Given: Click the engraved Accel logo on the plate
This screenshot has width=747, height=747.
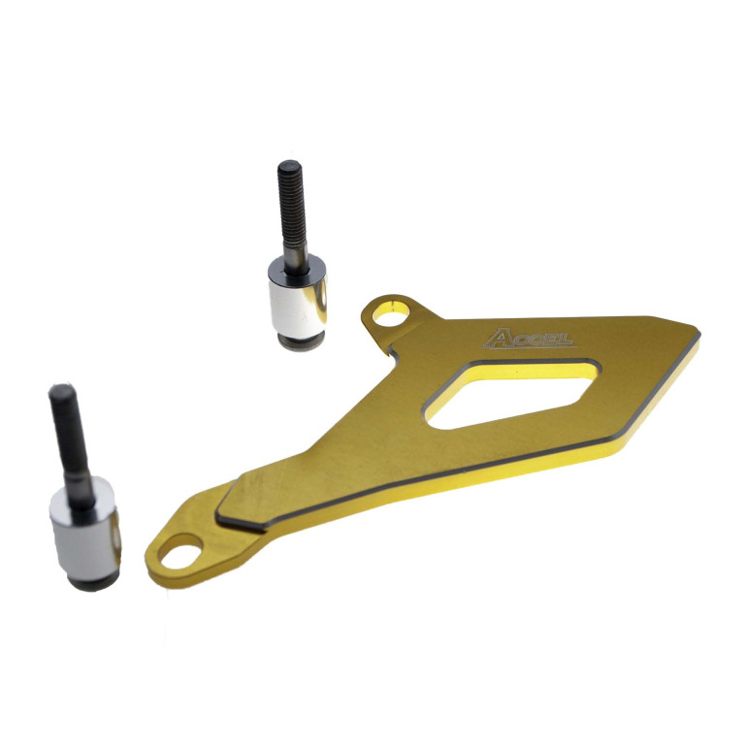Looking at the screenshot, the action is click(528, 339).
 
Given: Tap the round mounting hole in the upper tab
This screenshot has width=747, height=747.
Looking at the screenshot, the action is click(391, 315).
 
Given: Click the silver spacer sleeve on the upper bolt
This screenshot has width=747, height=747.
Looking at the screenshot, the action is click(298, 298).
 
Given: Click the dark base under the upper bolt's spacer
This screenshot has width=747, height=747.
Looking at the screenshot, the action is click(301, 342).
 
